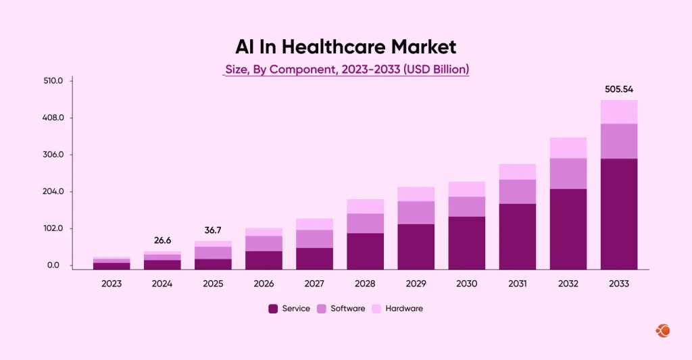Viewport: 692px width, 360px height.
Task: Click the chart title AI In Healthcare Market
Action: point(345,47)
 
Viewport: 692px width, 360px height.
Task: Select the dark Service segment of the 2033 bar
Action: point(618,213)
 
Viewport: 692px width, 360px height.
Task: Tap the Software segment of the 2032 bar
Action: point(568,174)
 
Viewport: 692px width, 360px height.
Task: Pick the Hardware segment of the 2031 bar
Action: point(517,172)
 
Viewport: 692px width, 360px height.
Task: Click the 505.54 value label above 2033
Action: point(618,89)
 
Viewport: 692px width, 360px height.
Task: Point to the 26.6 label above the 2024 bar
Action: point(162,240)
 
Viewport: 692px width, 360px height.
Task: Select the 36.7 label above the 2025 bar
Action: point(213,230)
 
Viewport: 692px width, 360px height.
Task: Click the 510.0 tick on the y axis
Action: point(53,81)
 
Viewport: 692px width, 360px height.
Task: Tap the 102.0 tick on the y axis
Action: point(53,228)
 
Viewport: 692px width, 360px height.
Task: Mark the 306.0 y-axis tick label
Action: point(53,155)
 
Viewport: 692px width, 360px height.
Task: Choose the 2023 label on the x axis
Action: point(112,284)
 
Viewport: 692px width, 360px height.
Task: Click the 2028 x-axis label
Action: point(365,284)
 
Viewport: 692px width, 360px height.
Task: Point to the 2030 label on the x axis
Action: point(466,284)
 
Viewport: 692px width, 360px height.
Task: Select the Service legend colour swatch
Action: point(273,309)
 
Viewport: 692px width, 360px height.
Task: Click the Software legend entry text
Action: point(348,309)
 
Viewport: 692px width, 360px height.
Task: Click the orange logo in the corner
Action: point(663,330)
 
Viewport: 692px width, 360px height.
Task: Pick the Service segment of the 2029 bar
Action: point(416,247)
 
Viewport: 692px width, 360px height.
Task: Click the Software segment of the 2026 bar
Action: point(264,243)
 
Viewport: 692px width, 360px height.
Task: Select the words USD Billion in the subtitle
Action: point(435,69)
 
